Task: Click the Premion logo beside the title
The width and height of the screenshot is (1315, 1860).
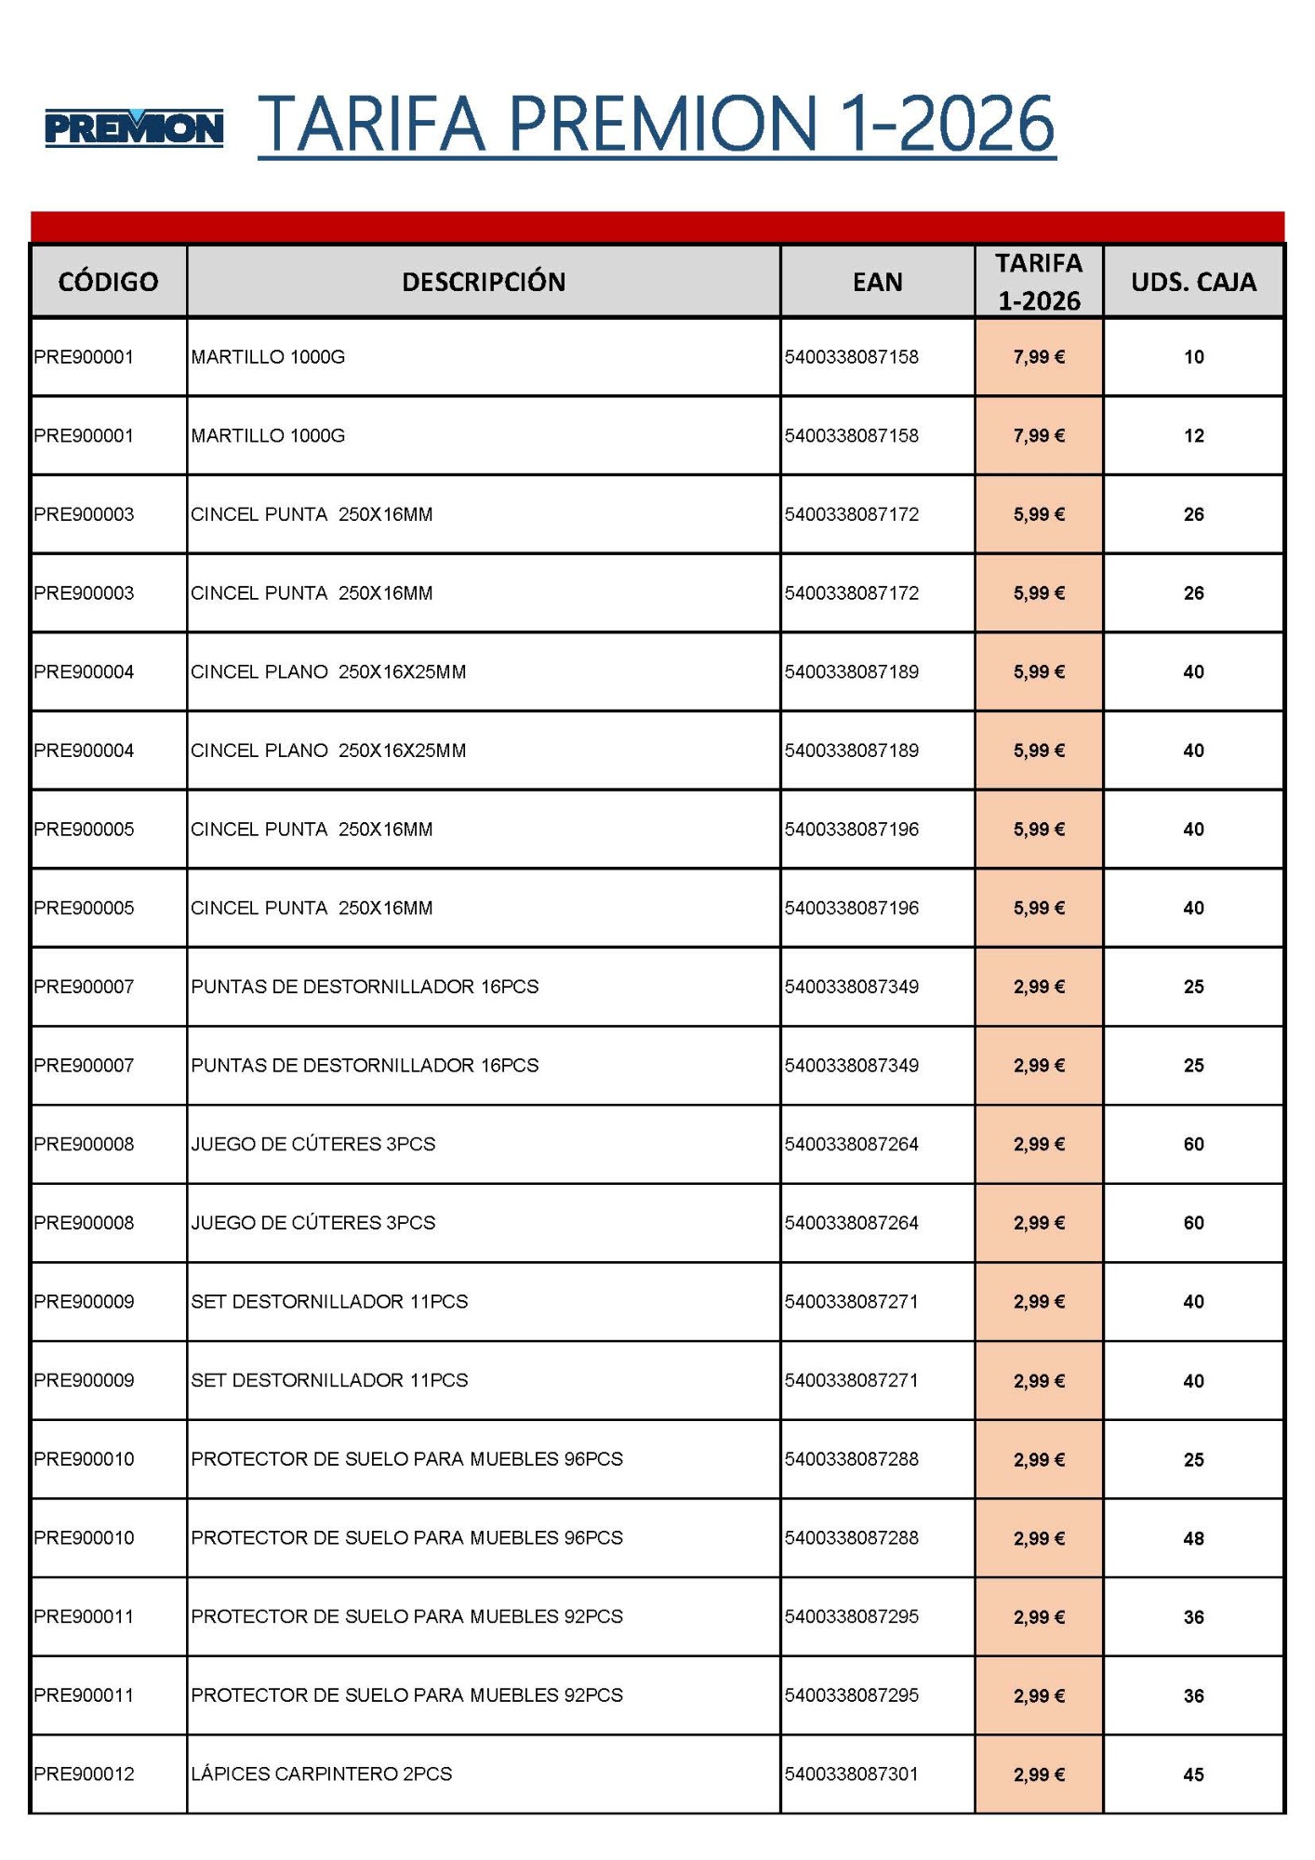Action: pos(134,128)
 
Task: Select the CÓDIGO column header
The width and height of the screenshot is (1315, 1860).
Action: pos(108,282)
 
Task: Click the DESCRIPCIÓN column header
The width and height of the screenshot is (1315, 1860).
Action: pos(484,282)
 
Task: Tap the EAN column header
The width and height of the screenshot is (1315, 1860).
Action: pos(877,282)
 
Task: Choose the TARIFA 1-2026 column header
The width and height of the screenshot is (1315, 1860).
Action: pos(1039,282)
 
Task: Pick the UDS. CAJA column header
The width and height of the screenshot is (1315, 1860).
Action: pos(1193,282)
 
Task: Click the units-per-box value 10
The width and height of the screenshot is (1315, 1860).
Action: pos(1193,357)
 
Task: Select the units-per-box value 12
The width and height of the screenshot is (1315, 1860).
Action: pos(1193,436)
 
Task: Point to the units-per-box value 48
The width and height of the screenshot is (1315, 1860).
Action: pos(1193,1539)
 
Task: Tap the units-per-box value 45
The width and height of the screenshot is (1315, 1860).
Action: pos(1193,1775)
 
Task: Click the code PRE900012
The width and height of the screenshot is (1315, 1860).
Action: pos(85,1774)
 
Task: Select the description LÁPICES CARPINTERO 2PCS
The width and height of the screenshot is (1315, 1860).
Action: pos(322,1774)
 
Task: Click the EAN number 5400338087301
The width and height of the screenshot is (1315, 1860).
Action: pos(851,1774)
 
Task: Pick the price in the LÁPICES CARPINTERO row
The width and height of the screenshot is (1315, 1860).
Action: pos(1039,1775)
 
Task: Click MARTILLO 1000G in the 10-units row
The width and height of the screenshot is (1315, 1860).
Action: pos(268,357)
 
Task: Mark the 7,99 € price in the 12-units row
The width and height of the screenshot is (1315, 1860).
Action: pos(1039,436)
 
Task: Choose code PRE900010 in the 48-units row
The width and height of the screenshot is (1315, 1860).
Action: pos(85,1538)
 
